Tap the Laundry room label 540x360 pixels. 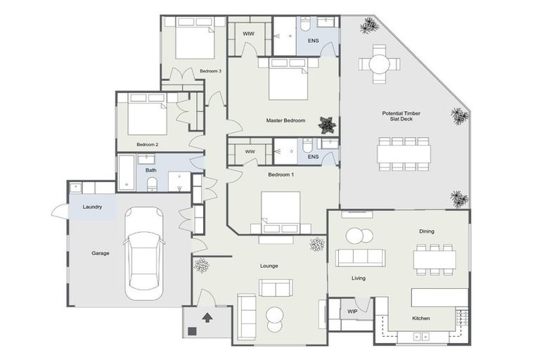(93, 207)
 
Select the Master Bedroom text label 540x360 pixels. (285, 121)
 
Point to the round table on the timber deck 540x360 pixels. (378, 64)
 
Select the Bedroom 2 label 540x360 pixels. (147, 144)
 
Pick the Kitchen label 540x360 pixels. (420, 319)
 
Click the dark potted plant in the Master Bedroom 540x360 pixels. (326, 124)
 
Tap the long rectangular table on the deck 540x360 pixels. (403, 153)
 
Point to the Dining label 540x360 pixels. (427, 231)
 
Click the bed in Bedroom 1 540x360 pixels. (281, 209)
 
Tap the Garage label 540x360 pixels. (101, 253)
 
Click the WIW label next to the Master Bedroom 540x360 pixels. (248, 34)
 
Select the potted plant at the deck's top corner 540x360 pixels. (368, 27)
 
